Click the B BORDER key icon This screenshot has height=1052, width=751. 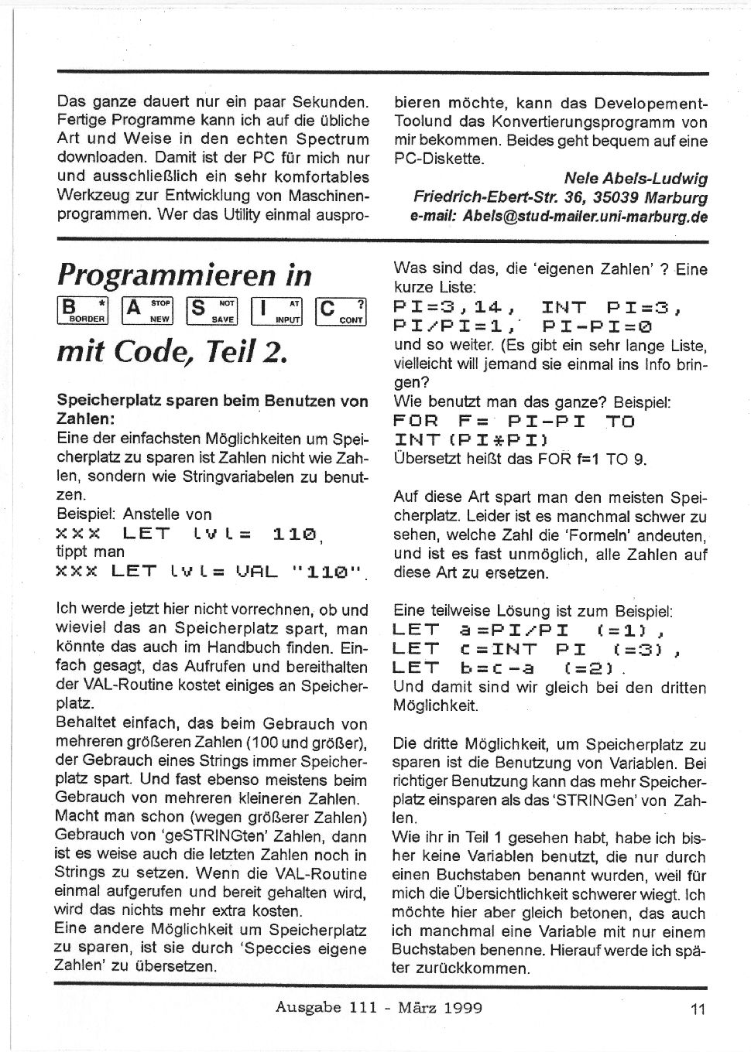[x=84, y=310]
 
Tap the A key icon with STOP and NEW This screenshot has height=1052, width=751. [x=148, y=310]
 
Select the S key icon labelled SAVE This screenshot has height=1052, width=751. [x=212, y=310]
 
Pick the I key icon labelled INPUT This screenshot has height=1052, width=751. [x=276, y=310]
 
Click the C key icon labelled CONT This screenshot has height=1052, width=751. [x=341, y=310]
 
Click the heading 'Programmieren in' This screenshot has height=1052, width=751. [x=184, y=275]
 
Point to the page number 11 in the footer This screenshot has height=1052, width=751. [x=698, y=1009]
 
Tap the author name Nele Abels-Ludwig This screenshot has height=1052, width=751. [x=636, y=179]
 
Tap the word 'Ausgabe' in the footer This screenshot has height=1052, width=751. [x=309, y=1007]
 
